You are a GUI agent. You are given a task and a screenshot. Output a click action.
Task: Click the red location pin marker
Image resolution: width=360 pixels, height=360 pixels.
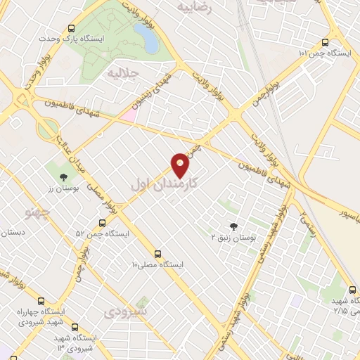(181, 166)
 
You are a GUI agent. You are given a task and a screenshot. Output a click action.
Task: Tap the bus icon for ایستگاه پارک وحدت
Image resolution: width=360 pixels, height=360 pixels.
(71, 29)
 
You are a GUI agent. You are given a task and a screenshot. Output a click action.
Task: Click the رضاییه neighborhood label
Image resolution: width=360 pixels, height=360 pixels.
(194, 6)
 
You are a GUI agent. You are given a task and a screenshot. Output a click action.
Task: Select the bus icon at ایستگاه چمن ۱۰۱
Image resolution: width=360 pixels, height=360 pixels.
(324, 42)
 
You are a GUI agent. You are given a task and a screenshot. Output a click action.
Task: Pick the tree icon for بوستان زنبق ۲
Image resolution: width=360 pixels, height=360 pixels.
(233, 226)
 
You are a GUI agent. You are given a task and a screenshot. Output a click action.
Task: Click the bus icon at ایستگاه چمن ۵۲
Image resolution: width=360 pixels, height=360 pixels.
(102, 223)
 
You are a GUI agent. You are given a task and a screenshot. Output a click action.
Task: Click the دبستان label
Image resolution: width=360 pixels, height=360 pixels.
(13, 232)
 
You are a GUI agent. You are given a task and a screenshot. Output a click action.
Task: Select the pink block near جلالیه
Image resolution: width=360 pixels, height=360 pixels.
(129, 115)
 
